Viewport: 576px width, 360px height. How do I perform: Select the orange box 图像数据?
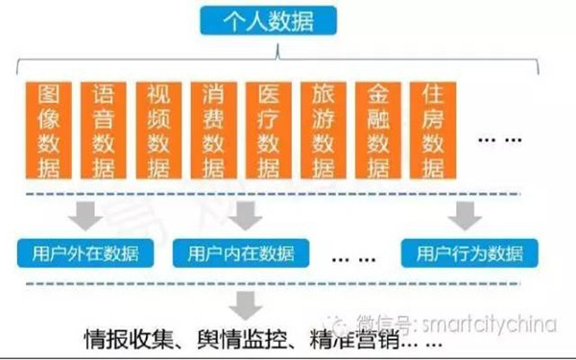pos(47,131)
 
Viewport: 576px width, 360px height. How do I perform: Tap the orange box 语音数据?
pos(102,131)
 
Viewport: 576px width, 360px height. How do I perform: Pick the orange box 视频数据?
pos(156,131)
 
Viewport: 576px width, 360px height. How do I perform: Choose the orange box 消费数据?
pos(211,131)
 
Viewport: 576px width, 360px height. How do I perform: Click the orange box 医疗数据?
pos(266,131)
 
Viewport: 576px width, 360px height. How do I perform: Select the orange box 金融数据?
pos(376,131)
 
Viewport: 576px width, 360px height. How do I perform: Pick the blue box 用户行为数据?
pos(469,254)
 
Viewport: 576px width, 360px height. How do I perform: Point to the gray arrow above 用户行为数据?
pos(468,215)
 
